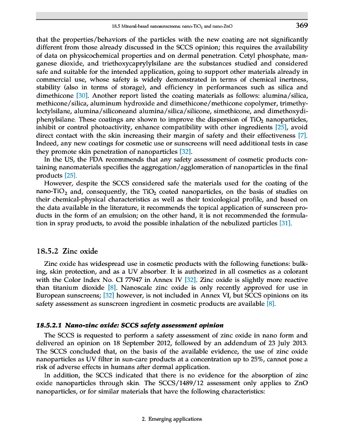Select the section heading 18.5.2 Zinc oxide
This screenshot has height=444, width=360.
(x=66, y=251)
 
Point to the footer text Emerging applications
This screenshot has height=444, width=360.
(x=172, y=419)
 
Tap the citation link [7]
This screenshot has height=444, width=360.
(x=302, y=136)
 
